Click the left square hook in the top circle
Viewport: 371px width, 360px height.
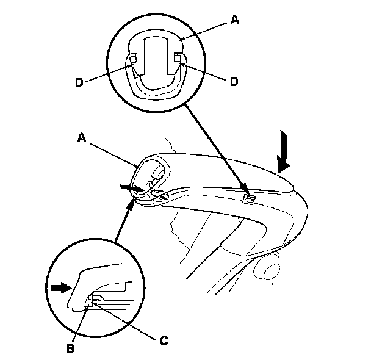click(134, 59)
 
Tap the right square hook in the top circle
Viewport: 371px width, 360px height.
click(178, 58)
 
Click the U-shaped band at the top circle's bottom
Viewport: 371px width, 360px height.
click(155, 92)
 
